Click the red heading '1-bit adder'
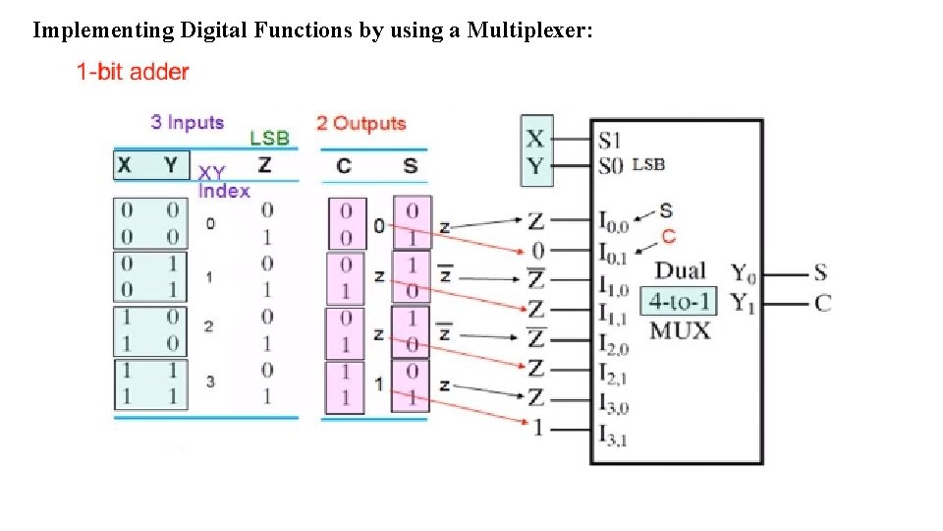pyautogui.click(x=134, y=72)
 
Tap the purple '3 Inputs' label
pyautogui.click(x=188, y=123)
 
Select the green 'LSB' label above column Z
pyautogui.click(x=269, y=139)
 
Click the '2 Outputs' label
pyautogui.click(x=361, y=124)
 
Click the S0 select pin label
pyautogui.click(x=611, y=165)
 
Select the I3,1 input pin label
pyautogui.click(x=614, y=434)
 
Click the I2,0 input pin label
pyautogui.click(x=614, y=343)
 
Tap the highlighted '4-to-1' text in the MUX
pyautogui.click(x=679, y=300)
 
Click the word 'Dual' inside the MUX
pyautogui.click(x=680, y=271)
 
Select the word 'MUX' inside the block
pyautogui.click(x=680, y=330)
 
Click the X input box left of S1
pyautogui.click(x=535, y=139)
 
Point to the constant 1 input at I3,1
pyautogui.click(x=536, y=429)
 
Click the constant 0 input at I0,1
pyautogui.click(x=536, y=250)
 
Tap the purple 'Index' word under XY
pyautogui.click(x=224, y=191)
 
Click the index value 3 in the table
pyautogui.click(x=210, y=382)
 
